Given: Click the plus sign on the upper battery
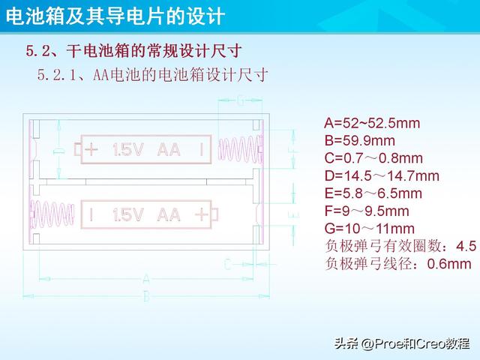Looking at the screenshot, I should click(x=91, y=149).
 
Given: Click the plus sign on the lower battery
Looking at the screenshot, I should click(x=200, y=214).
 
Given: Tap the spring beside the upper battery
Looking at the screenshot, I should click(x=238, y=149).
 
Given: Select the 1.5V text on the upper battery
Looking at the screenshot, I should click(x=127, y=149).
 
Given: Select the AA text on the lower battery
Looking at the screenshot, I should click(x=169, y=214).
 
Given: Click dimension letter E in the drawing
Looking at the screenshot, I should click(x=292, y=214).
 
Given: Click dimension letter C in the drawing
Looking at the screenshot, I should click(x=227, y=262).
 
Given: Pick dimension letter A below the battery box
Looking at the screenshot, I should click(x=146, y=279).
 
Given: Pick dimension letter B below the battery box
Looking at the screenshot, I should click(x=146, y=296).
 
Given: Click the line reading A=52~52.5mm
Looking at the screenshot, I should click(x=372, y=123).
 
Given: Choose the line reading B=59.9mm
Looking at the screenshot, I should click(x=359, y=140).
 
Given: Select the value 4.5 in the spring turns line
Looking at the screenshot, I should click(x=466, y=245).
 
